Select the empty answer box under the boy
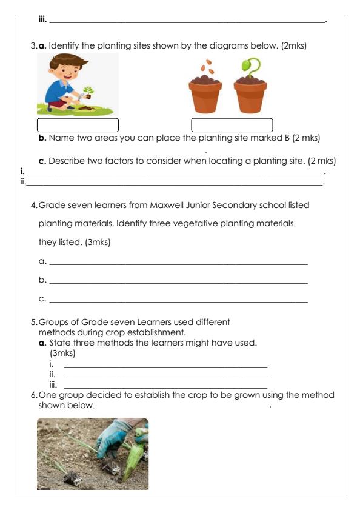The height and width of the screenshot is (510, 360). click(x=78, y=125)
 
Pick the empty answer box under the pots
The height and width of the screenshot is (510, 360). click(x=232, y=125)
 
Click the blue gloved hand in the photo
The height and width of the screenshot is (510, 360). click(x=115, y=438)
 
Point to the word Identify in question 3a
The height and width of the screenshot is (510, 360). click(x=67, y=45)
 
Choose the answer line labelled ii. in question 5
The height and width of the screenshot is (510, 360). click(x=165, y=377)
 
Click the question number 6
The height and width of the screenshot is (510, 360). click(x=34, y=395)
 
